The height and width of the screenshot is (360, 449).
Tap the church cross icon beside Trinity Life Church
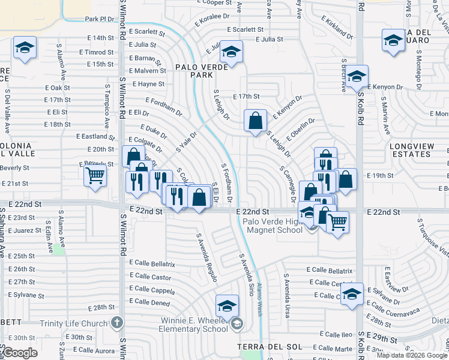click(x=117, y=323)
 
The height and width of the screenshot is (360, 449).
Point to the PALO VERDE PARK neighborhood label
click(x=201, y=71)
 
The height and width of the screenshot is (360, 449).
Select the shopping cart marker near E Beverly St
click(x=95, y=176)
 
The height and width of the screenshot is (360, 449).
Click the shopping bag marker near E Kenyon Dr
click(x=255, y=121)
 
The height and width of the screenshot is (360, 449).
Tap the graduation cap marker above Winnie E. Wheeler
click(x=227, y=306)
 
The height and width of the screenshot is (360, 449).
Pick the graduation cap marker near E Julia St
click(x=231, y=52)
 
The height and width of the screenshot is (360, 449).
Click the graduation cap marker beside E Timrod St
click(x=25, y=48)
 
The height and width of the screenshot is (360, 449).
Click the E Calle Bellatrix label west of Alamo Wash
click(x=155, y=264)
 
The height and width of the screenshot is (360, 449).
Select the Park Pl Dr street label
click(x=99, y=19)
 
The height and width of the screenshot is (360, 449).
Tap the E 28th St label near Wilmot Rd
click(x=101, y=308)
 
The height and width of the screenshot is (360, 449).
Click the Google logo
click(x=20, y=353)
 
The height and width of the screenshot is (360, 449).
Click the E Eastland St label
click(x=95, y=137)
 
